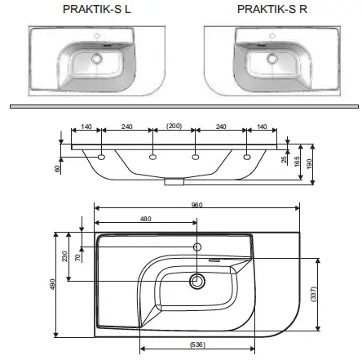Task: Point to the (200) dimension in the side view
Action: click(x=173, y=127)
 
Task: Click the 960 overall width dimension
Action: click(x=196, y=205)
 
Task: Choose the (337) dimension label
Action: click(x=314, y=292)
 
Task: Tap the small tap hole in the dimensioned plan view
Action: click(x=196, y=246)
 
